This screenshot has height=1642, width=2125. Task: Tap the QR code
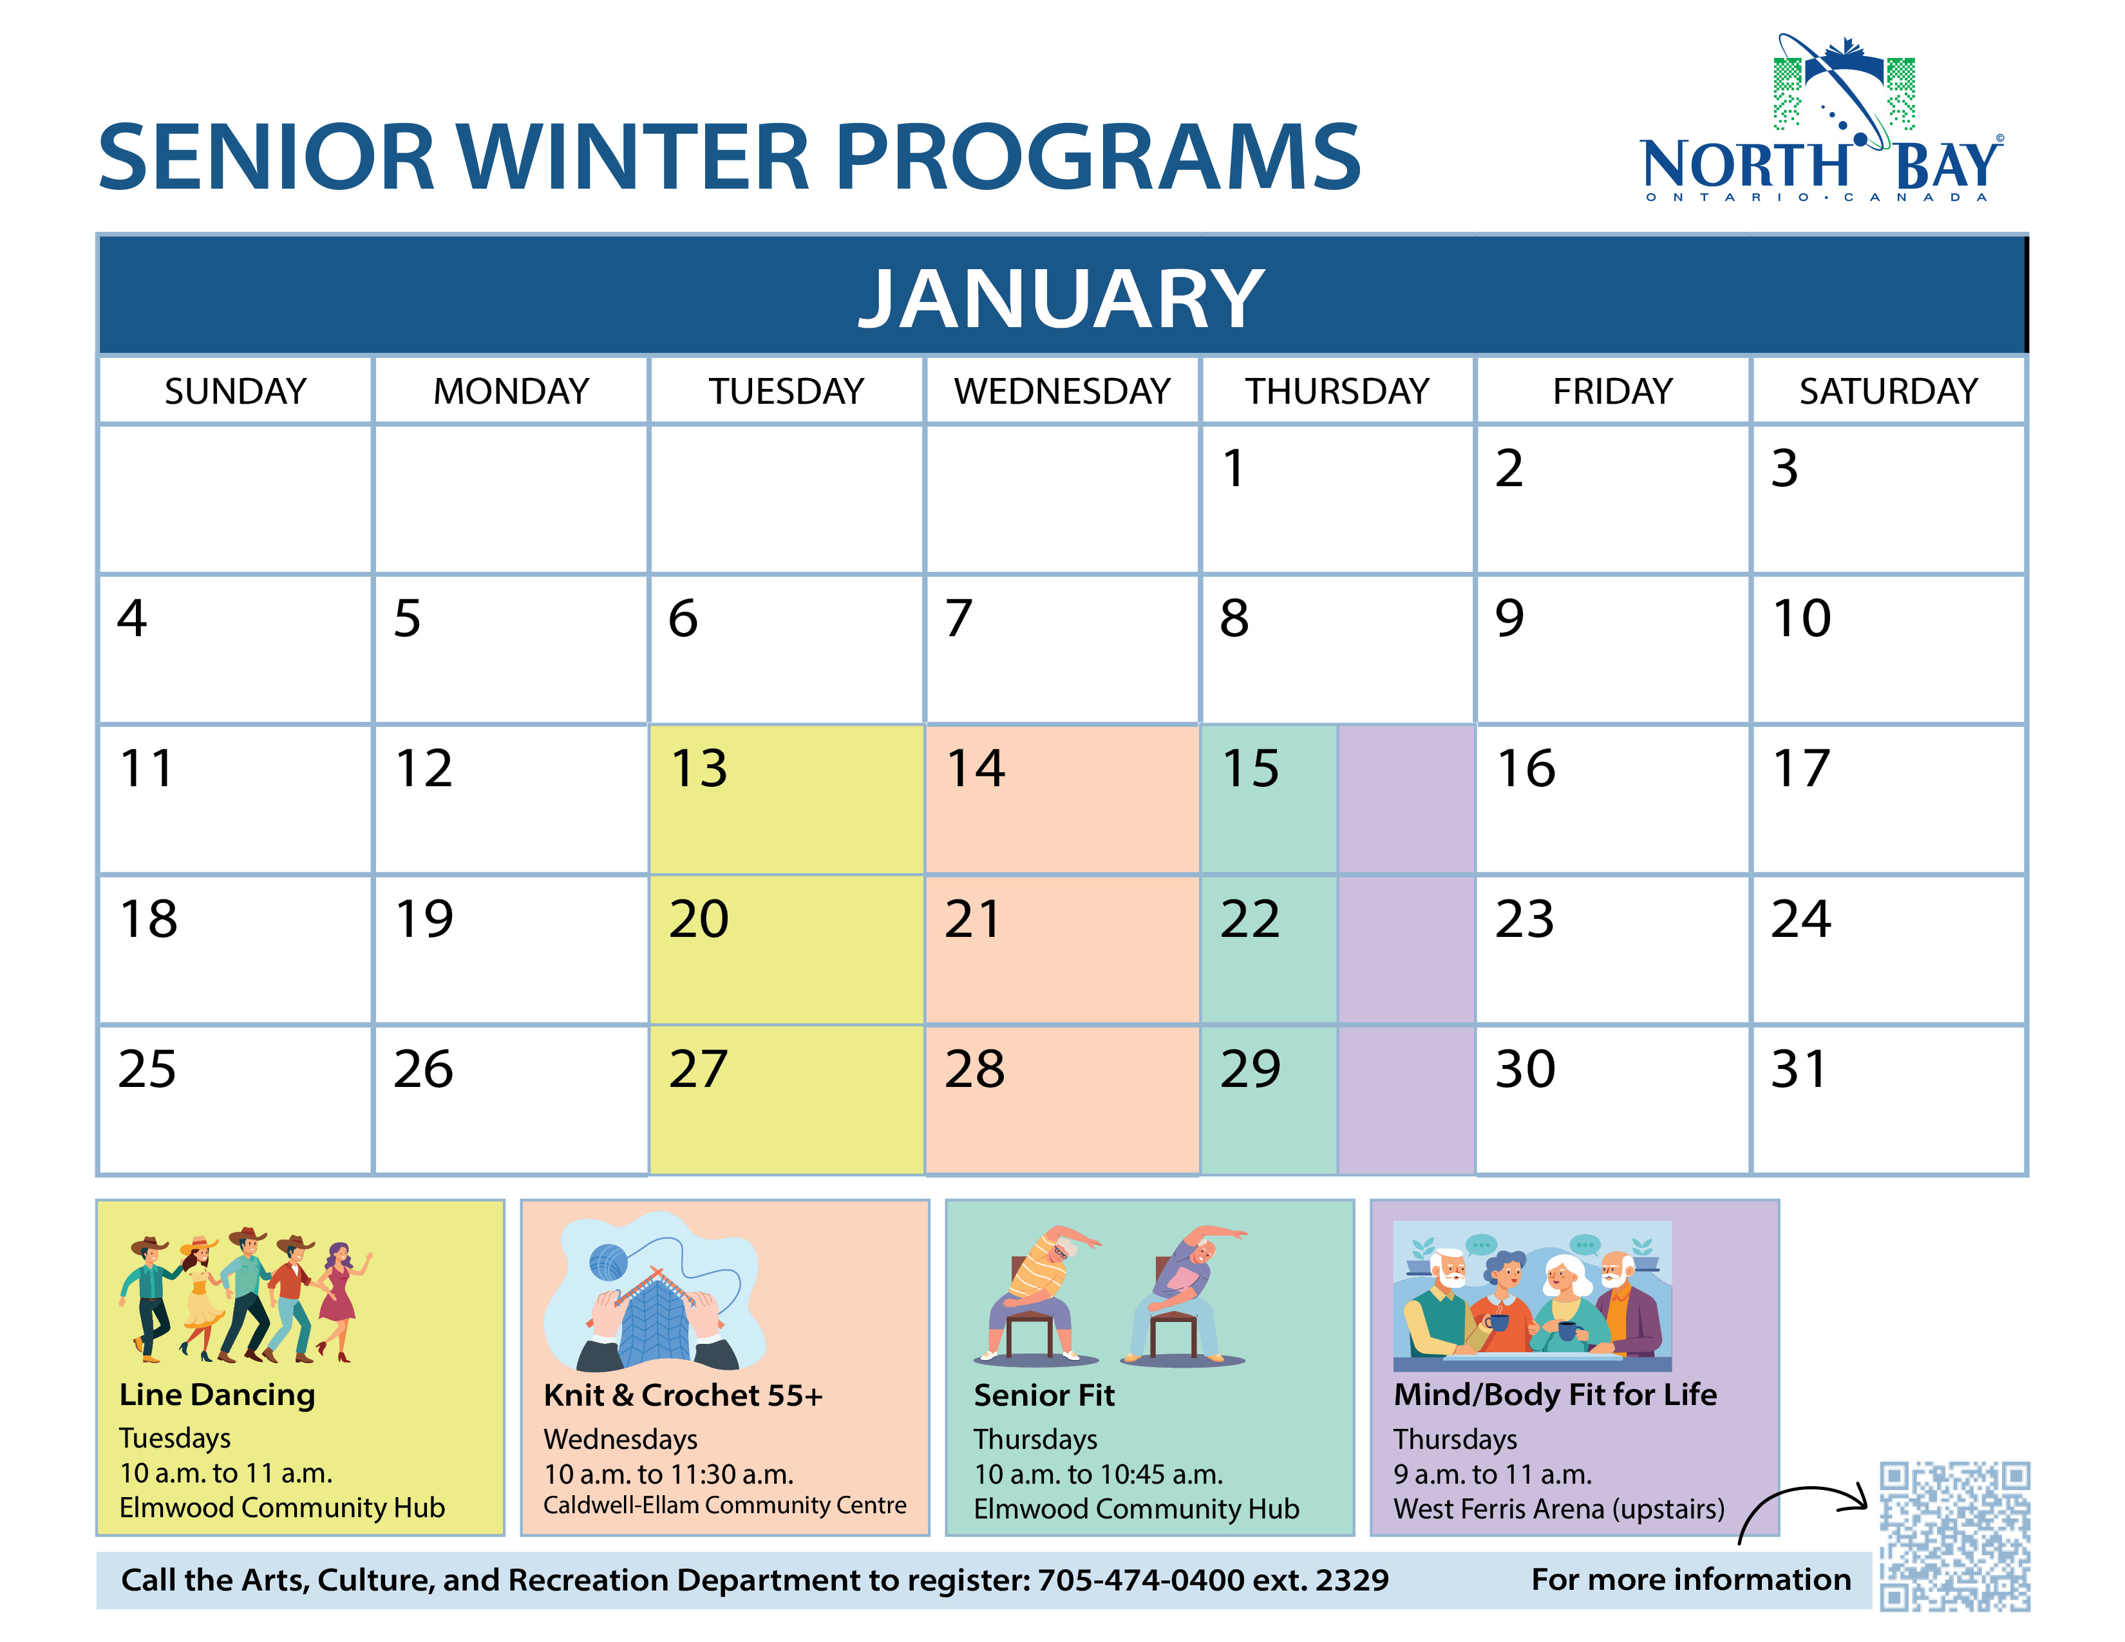click(1955, 1536)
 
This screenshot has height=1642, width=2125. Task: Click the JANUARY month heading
click(1061, 299)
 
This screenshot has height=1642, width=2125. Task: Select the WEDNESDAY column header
click(1061, 391)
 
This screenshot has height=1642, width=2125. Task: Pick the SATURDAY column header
click(1887, 391)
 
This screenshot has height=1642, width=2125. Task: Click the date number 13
click(699, 768)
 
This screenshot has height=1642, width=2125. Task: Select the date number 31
click(1799, 1069)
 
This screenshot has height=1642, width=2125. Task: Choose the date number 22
click(1251, 920)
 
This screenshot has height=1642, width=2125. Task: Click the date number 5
click(408, 619)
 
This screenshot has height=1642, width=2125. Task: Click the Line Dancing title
click(217, 1395)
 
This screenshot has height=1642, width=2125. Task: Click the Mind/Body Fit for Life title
click(1555, 1395)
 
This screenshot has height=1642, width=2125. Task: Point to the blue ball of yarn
click(608, 1263)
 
